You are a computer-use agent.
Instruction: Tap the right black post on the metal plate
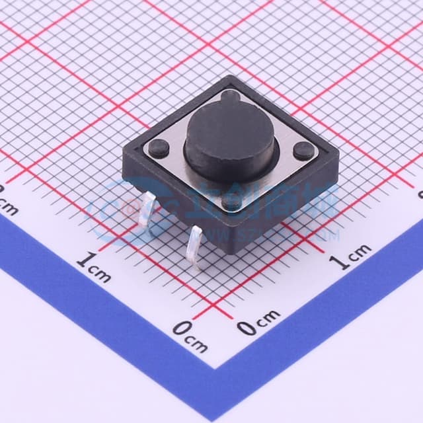tap(302, 151)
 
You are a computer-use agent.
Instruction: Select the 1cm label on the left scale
tap(93, 268)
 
